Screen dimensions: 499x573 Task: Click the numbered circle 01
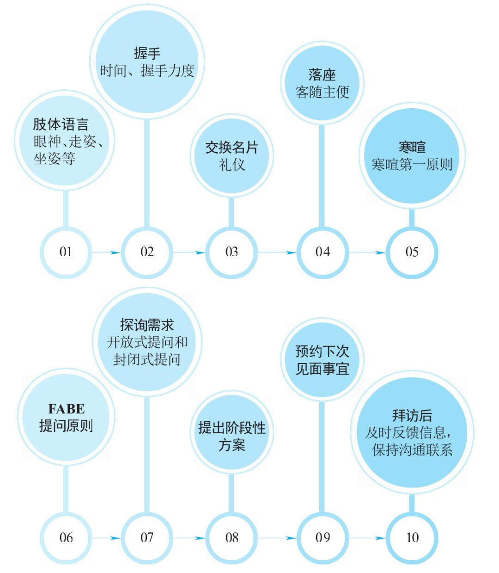pos(66,253)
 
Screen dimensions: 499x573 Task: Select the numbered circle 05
pos(412,253)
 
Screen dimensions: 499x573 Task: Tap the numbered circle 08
pos(231,538)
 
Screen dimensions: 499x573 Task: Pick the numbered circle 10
pos(412,538)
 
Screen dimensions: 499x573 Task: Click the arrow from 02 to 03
pos(189,253)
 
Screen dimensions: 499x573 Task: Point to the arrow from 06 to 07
pos(106,538)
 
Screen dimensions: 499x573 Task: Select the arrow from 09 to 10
pos(367,538)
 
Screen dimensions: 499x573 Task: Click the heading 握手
pos(147,53)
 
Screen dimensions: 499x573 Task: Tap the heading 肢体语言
pos(61,124)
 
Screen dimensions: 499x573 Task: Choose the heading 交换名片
pos(231,148)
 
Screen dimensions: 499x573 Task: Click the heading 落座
pos(322,75)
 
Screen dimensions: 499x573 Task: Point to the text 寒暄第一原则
pos(412,164)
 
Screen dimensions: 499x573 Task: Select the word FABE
pos(67,409)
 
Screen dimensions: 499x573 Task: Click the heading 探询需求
pos(147,325)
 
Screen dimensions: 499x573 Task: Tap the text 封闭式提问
pos(146,359)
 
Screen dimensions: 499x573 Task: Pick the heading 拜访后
pos(412,415)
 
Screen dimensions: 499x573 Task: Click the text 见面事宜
pos(322,369)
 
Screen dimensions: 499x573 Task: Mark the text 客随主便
pos(322,92)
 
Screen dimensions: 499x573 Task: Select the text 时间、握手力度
pos(147,70)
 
